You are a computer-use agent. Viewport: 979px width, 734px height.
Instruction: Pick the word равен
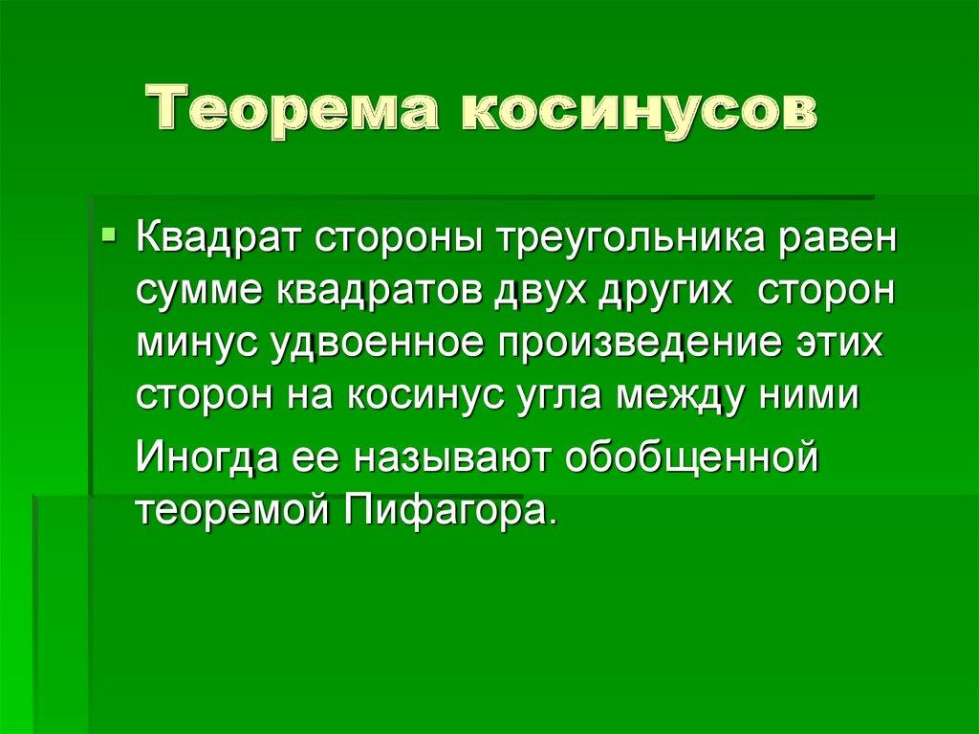842,235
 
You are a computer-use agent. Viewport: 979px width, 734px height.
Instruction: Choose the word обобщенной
691,457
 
